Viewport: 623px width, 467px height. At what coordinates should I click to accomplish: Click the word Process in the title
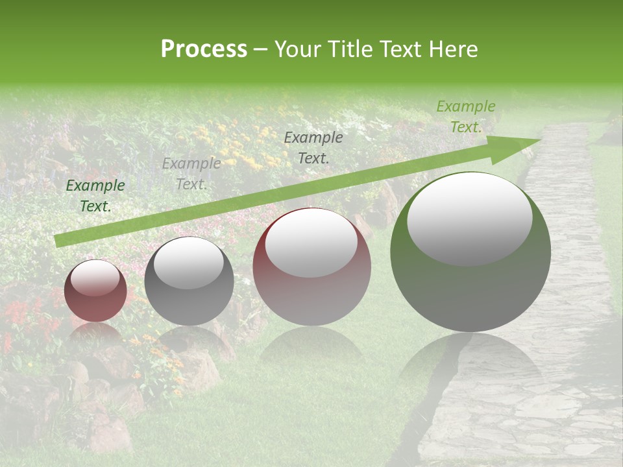tap(204, 49)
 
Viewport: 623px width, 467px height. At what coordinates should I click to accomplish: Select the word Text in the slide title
tap(401, 49)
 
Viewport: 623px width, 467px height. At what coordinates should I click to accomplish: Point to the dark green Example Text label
tap(95, 195)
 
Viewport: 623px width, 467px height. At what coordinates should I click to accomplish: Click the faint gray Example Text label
tap(191, 173)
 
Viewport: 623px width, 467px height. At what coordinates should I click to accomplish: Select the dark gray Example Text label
tap(313, 147)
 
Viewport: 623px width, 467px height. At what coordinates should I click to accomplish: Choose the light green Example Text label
tap(465, 117)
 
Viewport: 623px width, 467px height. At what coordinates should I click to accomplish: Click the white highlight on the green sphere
tap(469, 218)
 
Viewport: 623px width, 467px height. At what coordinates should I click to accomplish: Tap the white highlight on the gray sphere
tap(188, 263)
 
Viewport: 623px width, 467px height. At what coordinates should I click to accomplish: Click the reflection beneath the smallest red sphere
tap(95, 334)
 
